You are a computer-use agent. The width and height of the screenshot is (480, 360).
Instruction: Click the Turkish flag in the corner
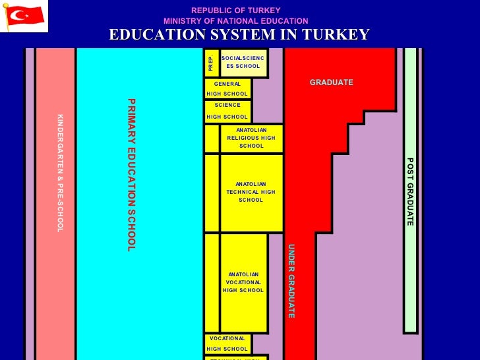point(24,16)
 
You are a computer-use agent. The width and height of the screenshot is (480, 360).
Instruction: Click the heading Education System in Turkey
point(239,35)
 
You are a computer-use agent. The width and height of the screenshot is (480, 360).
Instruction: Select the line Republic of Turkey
point(235,11)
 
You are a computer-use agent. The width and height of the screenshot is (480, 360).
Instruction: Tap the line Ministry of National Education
point(235,21)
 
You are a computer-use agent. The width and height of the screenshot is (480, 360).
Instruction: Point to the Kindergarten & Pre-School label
point(59,173)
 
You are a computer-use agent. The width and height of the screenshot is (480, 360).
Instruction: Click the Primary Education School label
point(131,175)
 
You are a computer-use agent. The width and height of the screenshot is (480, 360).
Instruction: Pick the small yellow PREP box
point(211,63)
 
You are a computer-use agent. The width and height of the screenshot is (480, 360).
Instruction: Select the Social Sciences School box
point(243,63)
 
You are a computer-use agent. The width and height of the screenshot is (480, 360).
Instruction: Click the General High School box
point(227,89)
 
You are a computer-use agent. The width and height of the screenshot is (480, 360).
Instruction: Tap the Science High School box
point(227,111)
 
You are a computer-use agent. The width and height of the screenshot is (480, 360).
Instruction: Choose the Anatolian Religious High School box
point(251,138)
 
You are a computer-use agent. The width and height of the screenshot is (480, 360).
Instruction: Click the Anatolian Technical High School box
point(251,193)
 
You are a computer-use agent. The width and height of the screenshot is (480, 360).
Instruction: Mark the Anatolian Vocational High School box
point(243,282)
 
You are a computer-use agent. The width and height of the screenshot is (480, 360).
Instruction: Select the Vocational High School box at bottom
point(227,344)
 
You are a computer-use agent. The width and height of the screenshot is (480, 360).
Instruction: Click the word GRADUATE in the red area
point(332,82)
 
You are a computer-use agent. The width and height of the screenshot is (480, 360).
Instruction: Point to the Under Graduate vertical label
point(291,282)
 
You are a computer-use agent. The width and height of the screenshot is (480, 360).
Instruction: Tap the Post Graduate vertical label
point(409,192)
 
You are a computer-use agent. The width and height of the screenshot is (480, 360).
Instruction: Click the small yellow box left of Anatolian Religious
point(211,138)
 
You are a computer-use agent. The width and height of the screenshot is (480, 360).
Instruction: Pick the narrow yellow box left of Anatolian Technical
point(211,193)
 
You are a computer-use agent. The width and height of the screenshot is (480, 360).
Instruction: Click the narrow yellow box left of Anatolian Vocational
point(211,282)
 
